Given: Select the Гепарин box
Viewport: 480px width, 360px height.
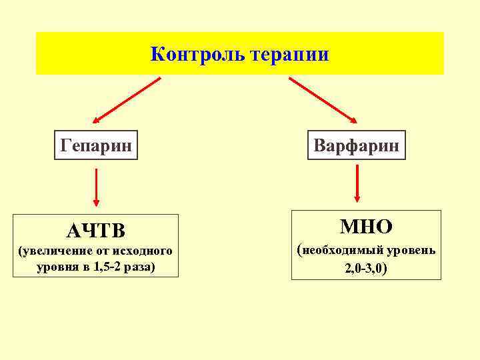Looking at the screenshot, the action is [96, 145].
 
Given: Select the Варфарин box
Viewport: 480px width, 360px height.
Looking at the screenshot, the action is [356, 145].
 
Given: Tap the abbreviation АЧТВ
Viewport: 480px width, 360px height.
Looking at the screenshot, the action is [96, 231].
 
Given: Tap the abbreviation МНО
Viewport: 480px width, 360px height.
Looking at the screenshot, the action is [366, 227].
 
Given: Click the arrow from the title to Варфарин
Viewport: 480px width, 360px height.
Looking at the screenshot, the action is [323, 100].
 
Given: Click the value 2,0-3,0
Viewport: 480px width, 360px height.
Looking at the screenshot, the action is [365, 269].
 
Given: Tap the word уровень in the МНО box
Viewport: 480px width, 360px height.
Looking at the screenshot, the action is [414, 251].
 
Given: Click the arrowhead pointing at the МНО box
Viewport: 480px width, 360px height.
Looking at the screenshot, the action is [358, 197].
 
